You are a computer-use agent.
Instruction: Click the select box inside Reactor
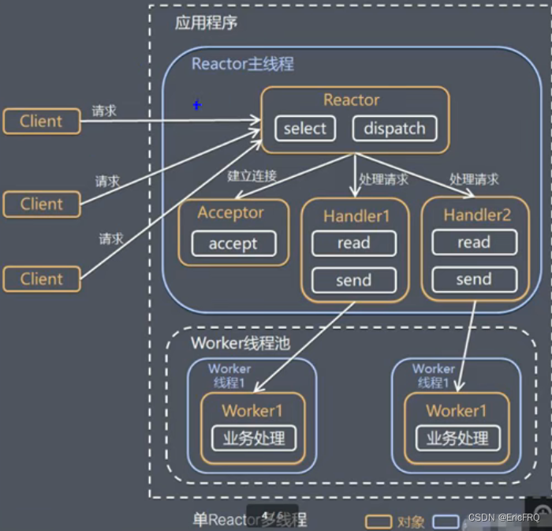[x=304, y=129]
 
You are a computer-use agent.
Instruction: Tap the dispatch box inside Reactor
[x=393, y=129]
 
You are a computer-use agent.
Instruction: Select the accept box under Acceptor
[x=233, y=244]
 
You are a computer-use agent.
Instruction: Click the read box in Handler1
[x=353, y=243]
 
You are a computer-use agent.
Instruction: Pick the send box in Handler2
[x=473, y=279]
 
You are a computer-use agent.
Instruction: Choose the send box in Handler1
[x=353, y=279]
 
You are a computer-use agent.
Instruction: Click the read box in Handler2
[x=473, y=243]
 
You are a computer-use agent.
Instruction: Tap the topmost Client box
[x=41, y=122]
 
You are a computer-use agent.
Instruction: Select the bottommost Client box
[x=41, y=279]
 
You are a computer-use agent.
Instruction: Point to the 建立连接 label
[x=252, y=176]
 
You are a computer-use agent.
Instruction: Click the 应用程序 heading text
[x=206, y=23]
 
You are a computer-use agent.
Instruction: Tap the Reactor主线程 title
[x=242, y=64]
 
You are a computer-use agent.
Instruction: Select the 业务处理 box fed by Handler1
[x=252, y=437]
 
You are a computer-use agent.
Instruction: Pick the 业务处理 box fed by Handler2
[x=457, y=437]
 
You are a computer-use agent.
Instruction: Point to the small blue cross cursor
[x=197, y=105]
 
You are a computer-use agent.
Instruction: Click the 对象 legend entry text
[x=411, y=521]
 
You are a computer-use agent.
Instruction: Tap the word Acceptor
[x=230, y=212]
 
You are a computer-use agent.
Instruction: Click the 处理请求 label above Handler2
[x=474, y=179]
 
